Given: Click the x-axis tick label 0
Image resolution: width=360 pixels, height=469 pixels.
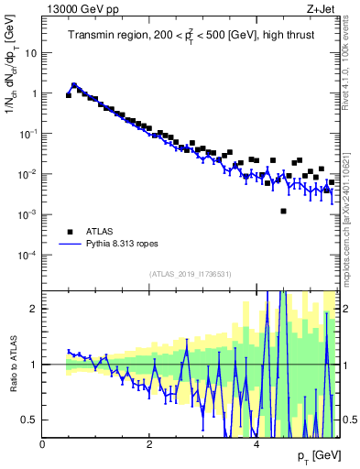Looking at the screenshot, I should click(x=43, y=444).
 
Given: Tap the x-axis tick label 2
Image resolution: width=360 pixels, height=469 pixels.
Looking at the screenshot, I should click(x=149, y=444).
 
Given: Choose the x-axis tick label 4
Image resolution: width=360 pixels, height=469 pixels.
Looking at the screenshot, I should click(x=256, y=444).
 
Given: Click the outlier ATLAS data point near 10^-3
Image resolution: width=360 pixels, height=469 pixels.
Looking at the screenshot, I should click(x=284, y=212).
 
